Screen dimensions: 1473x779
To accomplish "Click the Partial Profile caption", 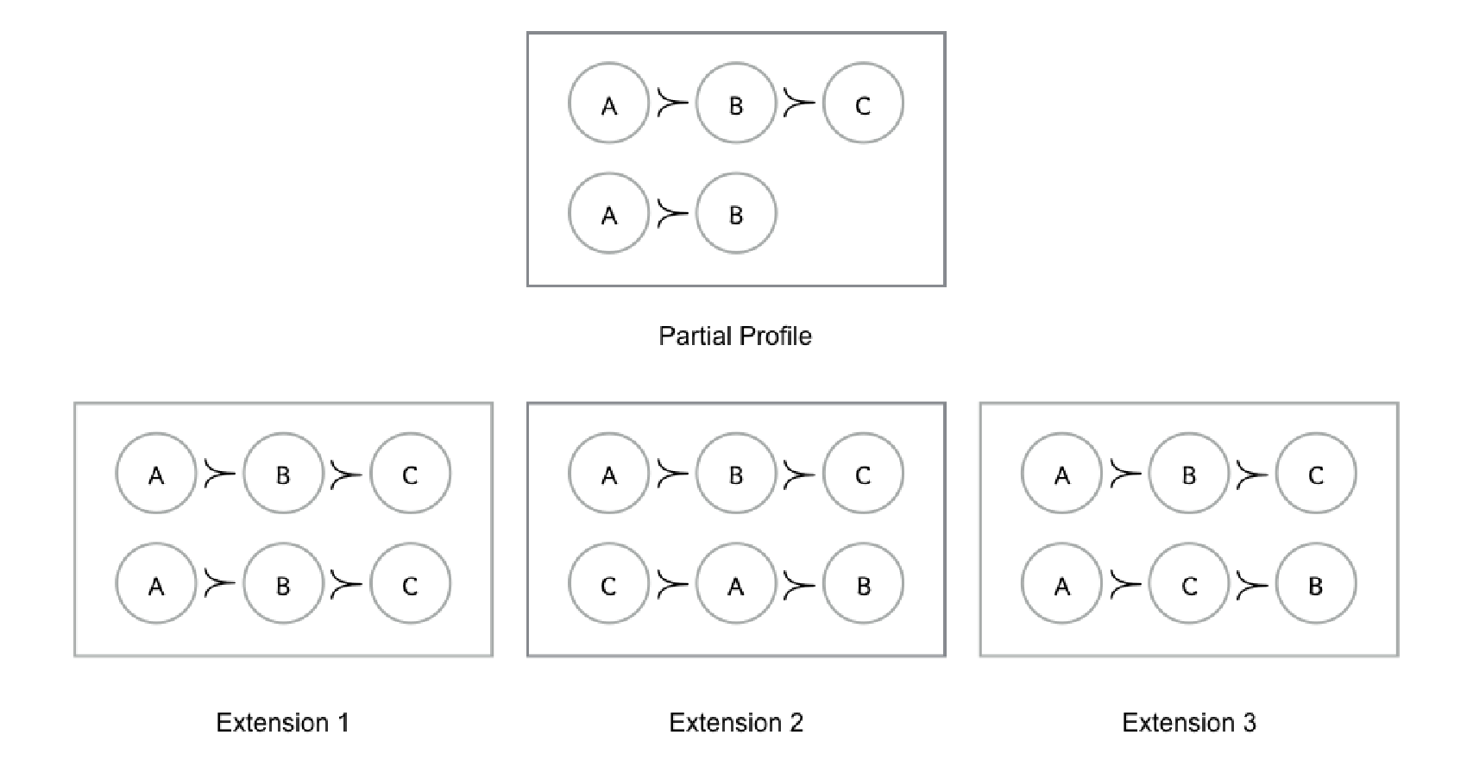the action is (x=735, y=336).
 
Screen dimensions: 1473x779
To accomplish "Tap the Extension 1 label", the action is (x=283, y=722).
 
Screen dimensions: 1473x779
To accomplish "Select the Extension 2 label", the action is (x=736, y=722).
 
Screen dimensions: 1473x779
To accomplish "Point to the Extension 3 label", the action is (x=1189, y=722).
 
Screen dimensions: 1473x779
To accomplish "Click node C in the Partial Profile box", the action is (x=863, y=104).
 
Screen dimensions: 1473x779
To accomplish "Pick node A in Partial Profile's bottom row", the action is (x=609, y=213).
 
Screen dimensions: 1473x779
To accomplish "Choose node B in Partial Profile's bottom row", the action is (x=736, y=213).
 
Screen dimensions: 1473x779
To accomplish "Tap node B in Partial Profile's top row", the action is (x=736, y=104).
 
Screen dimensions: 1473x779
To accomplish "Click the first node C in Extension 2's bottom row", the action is (x=609, y=583).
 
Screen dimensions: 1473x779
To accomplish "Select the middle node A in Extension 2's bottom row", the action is (x=736, y=583).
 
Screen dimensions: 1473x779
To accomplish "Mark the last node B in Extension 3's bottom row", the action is (x=1316, y=583).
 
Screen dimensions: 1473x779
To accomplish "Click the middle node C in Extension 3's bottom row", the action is (x=1189, y=583).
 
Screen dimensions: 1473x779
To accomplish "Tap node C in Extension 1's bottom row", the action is (x=411, y=583).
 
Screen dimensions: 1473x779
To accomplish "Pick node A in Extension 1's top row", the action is (x=156, y=474).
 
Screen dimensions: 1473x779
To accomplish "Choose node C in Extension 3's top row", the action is (x=1316, y=474).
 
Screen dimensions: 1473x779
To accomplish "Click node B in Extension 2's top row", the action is (x=736, y=474).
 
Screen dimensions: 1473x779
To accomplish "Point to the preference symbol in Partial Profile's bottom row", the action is (x=673, y=213).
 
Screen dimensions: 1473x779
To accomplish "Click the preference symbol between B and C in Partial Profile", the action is (x=799, y=104).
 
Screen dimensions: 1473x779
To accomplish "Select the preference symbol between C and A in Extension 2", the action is (x=673, y=583).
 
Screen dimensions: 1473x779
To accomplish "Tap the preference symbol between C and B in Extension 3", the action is (x=1252, y=583).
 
